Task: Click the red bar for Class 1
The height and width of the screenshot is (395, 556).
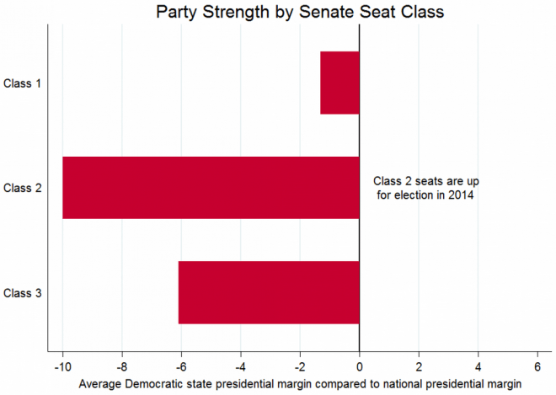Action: (x=339, y=83)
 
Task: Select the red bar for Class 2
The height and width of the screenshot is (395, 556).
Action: (x=211, y=188)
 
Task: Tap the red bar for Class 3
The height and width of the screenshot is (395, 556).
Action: (x=269, y=292)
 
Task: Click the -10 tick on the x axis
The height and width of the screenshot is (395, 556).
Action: (x=61, y=367)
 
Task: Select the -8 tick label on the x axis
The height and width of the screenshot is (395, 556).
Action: (x=121, y=367)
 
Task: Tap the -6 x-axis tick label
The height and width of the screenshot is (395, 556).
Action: (x=180, y=367)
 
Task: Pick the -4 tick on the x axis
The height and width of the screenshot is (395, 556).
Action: (x=240, y=367)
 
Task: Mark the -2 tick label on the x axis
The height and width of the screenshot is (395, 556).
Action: (x=299, y=367)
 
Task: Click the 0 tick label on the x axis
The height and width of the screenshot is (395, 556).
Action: (x=360, y=367)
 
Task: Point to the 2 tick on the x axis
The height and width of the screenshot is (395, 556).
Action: (x=419, y=367)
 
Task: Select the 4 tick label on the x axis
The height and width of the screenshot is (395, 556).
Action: (x=478, y=367)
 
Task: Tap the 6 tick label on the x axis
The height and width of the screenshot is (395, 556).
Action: (x=537, y=367)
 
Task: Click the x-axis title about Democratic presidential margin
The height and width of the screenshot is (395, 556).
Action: (x=301, y=383)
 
